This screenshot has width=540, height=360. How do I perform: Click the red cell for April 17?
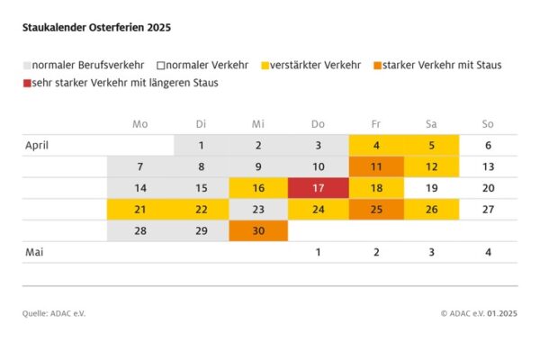(x=318, y=188)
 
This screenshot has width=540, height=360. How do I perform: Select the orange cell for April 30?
(x=258, y=231)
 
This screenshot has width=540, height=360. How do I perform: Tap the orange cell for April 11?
(x=376, y=166)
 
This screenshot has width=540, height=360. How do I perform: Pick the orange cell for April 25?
(x=376, y=210)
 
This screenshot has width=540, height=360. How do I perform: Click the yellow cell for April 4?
(x=376, y=145)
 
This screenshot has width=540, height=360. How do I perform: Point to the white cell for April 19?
(x=431, y=188)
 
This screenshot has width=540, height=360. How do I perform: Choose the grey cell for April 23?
(x=258, y=210)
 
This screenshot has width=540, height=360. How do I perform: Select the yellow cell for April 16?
(x=258, y=188)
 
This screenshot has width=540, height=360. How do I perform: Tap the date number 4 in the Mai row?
(x=488, y=253)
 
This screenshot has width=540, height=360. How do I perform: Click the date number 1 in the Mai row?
(x=318, y=253)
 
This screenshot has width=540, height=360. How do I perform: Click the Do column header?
(x=318, y=123)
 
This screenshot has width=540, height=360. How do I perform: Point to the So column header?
(x=488, y=123)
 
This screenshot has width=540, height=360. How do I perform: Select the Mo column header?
(x=139, y=123)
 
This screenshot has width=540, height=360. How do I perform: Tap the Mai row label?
(x=34, y=253)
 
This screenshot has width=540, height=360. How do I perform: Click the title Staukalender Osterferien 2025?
(x=96, y=28)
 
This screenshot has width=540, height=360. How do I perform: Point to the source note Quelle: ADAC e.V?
(x=54, y=313)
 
